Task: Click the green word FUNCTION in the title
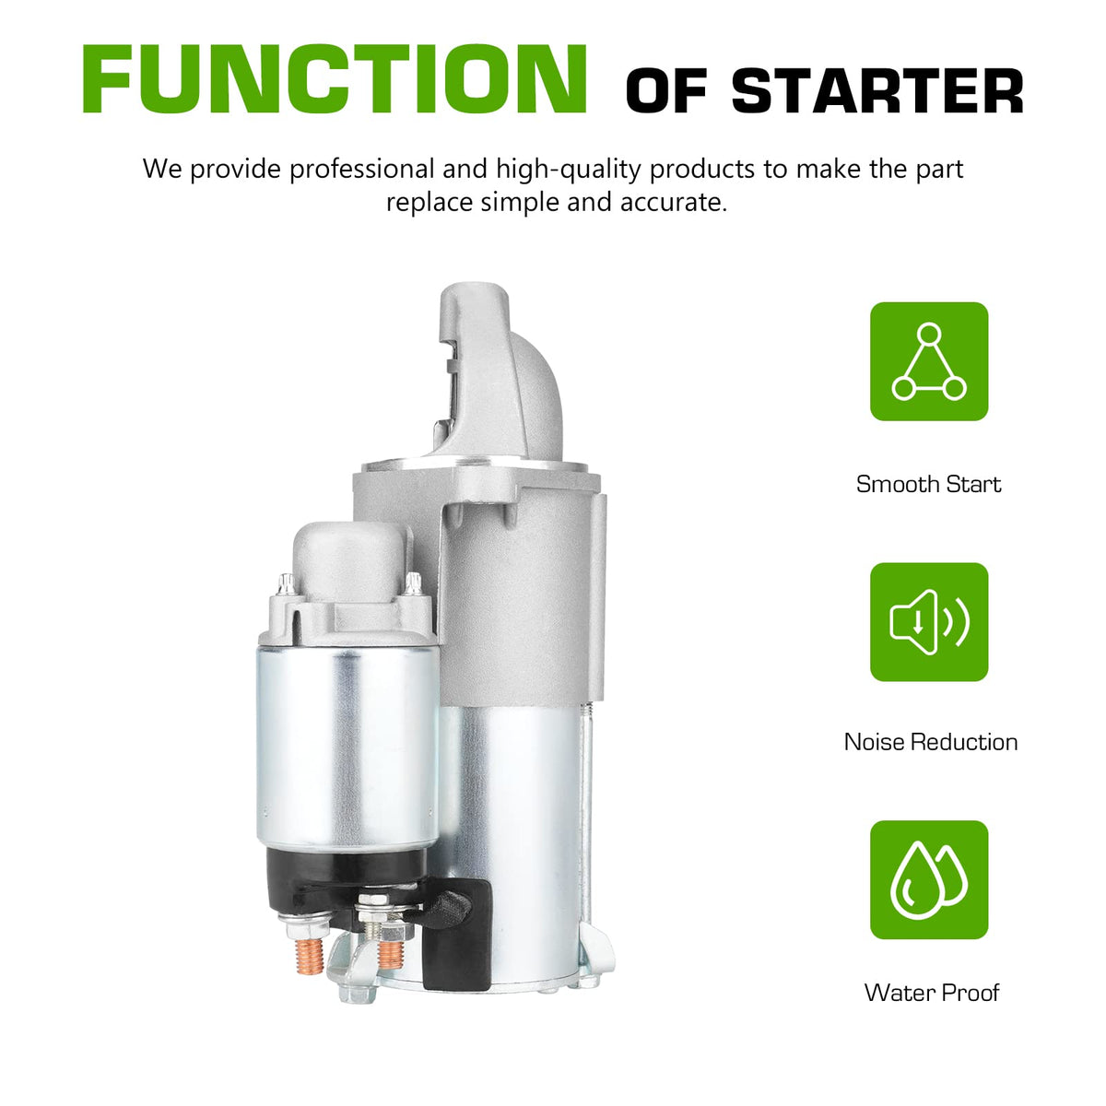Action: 335,78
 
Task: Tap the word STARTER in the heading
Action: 877,91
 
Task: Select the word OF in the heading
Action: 665,91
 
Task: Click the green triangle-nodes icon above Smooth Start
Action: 929,361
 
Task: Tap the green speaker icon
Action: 929,621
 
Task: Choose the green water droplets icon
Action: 929,880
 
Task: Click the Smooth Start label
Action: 928,485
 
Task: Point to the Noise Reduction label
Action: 930,742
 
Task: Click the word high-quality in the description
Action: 568,171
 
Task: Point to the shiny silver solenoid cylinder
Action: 347,747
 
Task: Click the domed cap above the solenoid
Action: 351,559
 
